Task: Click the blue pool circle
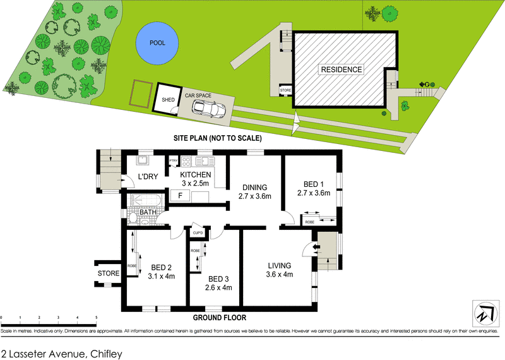click(156, 44)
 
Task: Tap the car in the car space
click(208, 109)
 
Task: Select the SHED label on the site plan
click(168, 100)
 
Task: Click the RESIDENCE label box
click(341, 69)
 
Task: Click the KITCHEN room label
click(196, 174)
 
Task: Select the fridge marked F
click(181, 196)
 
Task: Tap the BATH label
click(148, 212)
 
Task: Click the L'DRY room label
click(147, 176)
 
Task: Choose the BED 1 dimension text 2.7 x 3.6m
click(314, 193)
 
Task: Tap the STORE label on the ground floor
click(108, 273)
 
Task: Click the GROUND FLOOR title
click(220, 318)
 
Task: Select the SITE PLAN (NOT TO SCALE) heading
click(218, 138)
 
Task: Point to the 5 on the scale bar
click(96, 318)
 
